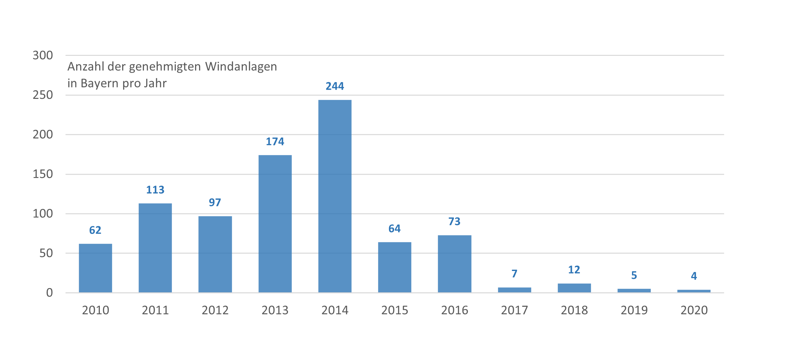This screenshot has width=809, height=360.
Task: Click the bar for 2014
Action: pos(335,196)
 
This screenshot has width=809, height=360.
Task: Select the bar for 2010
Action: pos(95,268)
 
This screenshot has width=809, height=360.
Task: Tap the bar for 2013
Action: pos(275,224)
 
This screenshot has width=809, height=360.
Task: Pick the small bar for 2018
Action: pos(574,288)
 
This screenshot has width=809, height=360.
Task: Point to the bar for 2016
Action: pos(454,264)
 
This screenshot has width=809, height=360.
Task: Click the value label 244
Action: pos(335,86)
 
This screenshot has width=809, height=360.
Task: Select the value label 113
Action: pos(155,190)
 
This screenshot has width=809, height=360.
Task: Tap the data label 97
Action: pos(215,202)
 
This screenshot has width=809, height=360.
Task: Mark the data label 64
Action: pos(394,229)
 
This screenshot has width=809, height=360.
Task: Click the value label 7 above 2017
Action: pos(514,274)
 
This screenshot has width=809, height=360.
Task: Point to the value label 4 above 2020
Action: pos(694,276)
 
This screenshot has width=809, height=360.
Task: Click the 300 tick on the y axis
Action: pos(43,55)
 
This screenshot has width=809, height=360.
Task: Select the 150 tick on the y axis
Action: pos(43,174)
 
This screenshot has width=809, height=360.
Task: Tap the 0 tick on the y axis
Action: pos(49,293)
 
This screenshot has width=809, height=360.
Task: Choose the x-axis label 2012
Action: pos(215,310)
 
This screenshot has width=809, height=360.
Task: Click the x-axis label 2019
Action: pos(634,310)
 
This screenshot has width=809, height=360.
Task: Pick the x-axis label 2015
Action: pos(394,310)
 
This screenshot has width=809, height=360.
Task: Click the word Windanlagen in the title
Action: pos(241,67)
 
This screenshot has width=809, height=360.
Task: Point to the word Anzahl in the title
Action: pos(86,67)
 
